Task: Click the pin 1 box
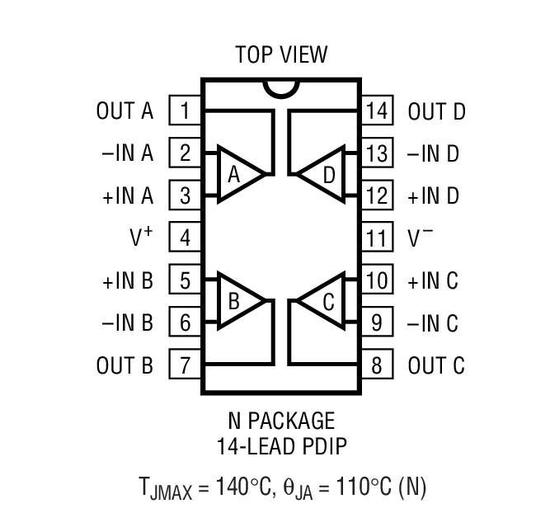point(186,111)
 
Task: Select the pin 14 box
point(376,111)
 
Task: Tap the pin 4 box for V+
point(186,238)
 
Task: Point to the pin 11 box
point(376,238)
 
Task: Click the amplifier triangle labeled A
point(238,175)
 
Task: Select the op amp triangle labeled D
point(324,175)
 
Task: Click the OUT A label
point(125,111)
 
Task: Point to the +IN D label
point(433,196)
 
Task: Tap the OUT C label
point(436,365)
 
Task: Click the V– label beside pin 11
point(421,238)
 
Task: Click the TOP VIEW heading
point(281,55)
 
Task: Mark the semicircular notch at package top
point(280,87)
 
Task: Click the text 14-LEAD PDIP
point(281,449)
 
